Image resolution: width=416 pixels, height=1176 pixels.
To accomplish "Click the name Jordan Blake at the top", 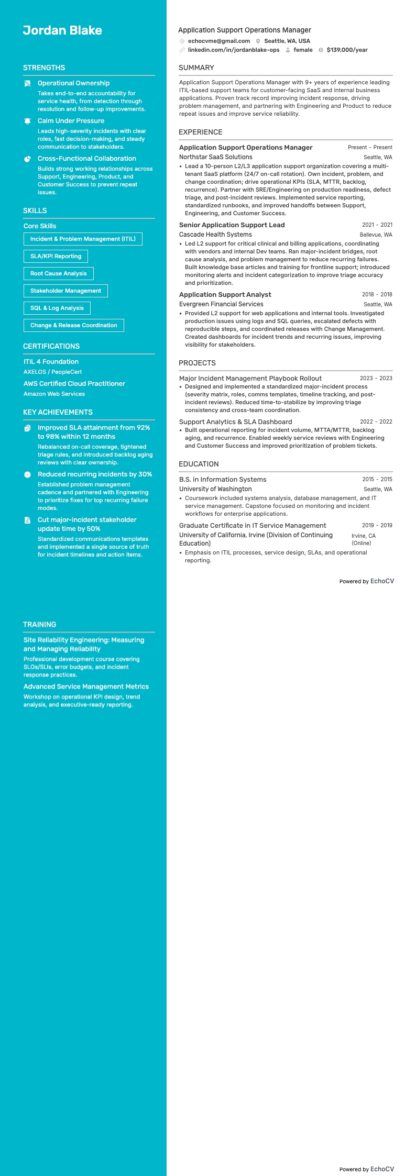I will pos(62,30).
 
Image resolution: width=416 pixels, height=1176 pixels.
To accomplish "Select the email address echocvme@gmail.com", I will pos(218,41).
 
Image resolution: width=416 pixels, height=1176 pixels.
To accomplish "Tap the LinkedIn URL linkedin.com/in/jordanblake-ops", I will pos(233,50).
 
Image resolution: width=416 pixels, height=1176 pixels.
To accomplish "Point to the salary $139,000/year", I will pos(347,50).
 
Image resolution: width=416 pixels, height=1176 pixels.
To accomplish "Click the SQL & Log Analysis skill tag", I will pos(57,308).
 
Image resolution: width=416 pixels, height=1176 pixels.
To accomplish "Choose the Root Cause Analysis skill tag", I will pos(58,273).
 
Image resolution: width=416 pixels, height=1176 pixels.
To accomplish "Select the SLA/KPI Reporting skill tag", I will pos(56,256).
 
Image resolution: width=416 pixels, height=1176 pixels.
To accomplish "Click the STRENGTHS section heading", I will pos(44,68).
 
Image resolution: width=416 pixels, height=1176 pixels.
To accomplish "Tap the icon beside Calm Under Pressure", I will pos(28,121).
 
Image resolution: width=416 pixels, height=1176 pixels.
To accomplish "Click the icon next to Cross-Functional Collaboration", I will pos(28,159).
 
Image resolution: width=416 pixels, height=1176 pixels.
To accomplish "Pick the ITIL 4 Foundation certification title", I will pos(51,362).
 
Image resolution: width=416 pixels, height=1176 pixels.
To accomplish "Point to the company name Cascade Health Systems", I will pos(215,235).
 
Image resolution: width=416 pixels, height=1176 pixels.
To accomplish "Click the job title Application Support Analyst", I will pos(225,295).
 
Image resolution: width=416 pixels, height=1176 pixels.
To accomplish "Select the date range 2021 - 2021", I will pos(377,225).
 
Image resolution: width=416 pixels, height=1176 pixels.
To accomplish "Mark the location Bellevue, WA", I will pos(376,235).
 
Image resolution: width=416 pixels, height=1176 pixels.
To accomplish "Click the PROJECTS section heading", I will pos(197,363).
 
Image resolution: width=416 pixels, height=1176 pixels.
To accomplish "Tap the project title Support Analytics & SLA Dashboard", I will pos(235,422).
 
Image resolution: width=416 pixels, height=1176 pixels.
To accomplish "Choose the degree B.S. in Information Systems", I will pos(223,480).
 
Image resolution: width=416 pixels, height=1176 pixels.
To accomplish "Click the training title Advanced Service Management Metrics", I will pos(86,686).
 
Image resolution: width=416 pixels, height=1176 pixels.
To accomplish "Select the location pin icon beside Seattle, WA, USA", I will pos(258,41).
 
